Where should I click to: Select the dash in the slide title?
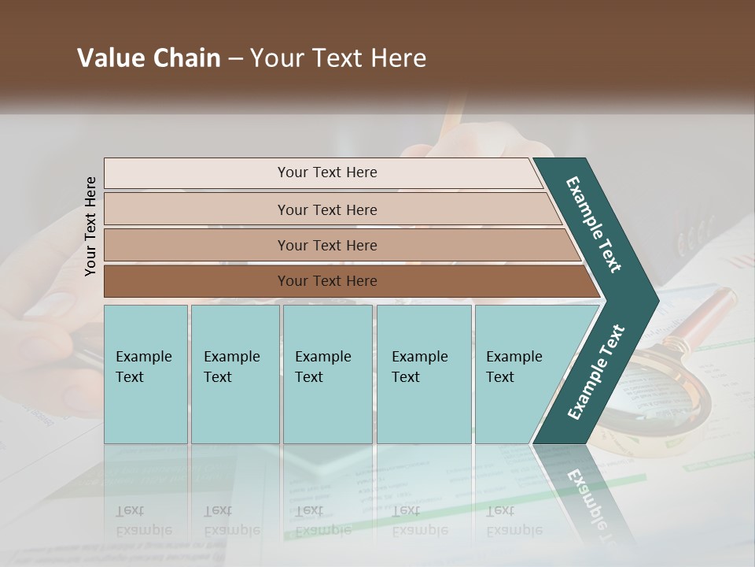point(235,59)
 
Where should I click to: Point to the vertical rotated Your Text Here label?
point(90,226)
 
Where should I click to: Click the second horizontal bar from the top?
point(327,209)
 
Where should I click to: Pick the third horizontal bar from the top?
point(327,245)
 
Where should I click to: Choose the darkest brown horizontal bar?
point(327,281)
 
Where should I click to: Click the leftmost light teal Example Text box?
point(145,374)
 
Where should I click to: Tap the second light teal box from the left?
point(234,374)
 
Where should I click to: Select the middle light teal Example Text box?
point(327,374)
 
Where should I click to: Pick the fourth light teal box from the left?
point(423,374)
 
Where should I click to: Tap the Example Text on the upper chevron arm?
point(594,224)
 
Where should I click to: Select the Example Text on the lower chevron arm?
point(596,372)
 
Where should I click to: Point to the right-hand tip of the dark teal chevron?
point(657,300)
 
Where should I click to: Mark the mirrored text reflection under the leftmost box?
point(145,521)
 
